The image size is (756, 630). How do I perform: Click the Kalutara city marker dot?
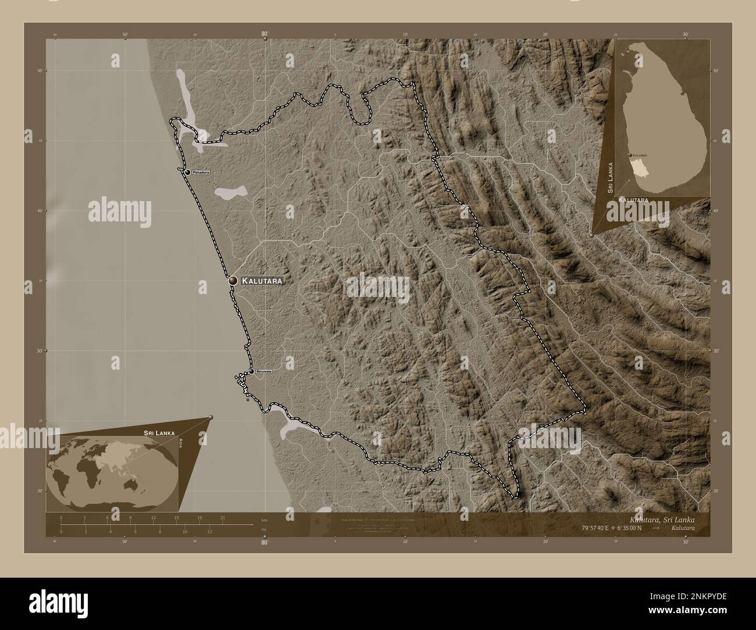click(x=233, y=280)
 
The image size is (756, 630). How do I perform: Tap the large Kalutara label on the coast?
click(x=262, y=281)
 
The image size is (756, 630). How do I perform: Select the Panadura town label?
click(x=201, y=173)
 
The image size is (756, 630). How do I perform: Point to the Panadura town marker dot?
click(x=187, y=173)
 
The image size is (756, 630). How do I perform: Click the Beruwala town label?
click(x=264, y=371)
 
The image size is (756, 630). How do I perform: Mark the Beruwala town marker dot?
click(x=251, y=371)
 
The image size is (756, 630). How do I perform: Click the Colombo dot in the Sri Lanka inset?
click(x=630, y=155)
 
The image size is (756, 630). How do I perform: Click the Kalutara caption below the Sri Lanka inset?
click(x=634, y=200)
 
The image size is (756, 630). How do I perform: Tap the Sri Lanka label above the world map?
click(x=158, y=434)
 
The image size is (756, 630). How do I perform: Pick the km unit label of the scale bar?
click(x=264, y=520)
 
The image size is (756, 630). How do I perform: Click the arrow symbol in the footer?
click(x=655, y=528)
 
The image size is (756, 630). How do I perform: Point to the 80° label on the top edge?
click(x=265, y=35)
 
